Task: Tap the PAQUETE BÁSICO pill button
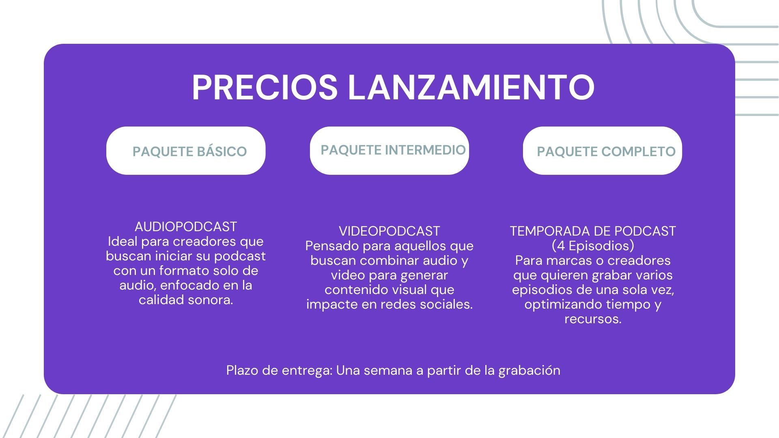[x=186, y=151]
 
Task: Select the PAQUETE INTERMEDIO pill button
[x=389, y=151]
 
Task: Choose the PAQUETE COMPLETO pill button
[x=603, y=151]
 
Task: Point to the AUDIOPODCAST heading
[x=186, y=226]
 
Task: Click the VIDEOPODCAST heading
[x=389, y=231]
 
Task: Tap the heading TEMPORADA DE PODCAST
[x=593, y=231]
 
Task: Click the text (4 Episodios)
[x=593, y=246]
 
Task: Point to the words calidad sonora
[x=186, y=300]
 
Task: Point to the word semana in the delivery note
[x=388, y=370]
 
